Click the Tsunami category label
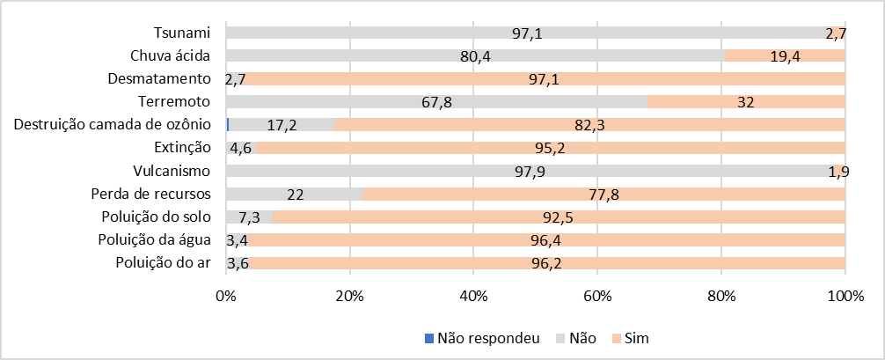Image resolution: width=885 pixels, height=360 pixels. (182, 33)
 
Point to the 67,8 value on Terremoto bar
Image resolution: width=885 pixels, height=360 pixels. (436, 102)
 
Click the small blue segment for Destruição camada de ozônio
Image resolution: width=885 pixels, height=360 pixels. (228, 124)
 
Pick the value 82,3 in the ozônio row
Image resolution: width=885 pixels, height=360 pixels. (590, 125)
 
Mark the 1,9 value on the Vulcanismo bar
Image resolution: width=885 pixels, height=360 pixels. (838, 171)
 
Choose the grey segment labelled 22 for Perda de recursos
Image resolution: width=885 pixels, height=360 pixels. (294, 194)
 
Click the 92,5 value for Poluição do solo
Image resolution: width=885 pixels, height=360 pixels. (560, 217)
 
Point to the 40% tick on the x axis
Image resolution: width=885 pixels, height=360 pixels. (473, 295)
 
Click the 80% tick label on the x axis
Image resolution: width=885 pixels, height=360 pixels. (721, 295)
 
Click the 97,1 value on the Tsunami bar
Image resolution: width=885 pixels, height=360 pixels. (527, 33)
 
